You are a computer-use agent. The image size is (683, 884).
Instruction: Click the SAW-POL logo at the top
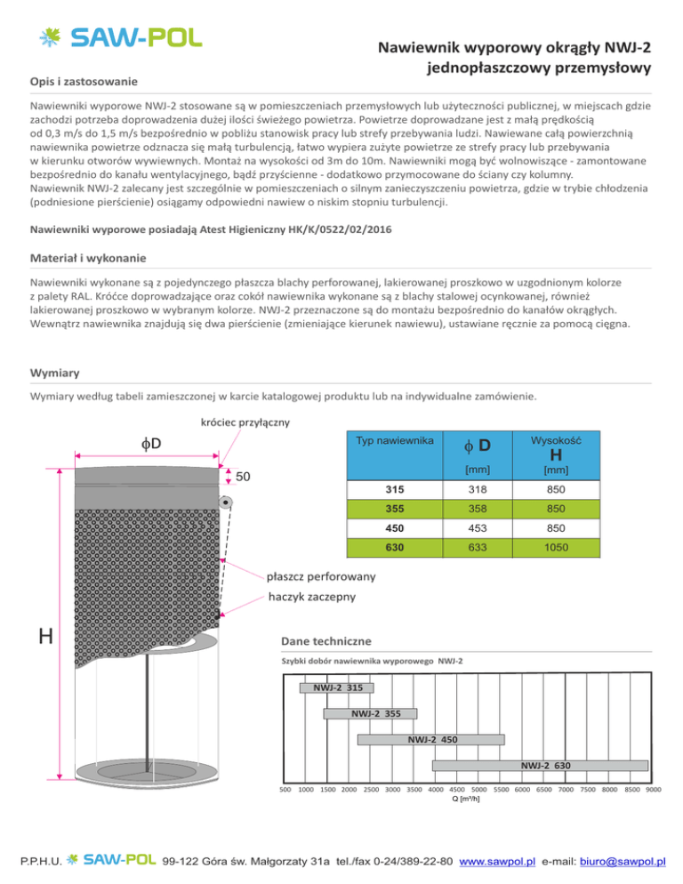[121, 37]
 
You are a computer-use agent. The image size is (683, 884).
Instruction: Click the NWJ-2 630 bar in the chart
[541, 764]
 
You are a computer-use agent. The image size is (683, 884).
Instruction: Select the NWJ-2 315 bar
[336, 687]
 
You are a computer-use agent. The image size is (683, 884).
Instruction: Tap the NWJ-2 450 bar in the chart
[430, 738]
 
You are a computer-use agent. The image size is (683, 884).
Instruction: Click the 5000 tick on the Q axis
[479, 789]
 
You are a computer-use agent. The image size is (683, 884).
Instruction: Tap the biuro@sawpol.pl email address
[623, 860]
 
